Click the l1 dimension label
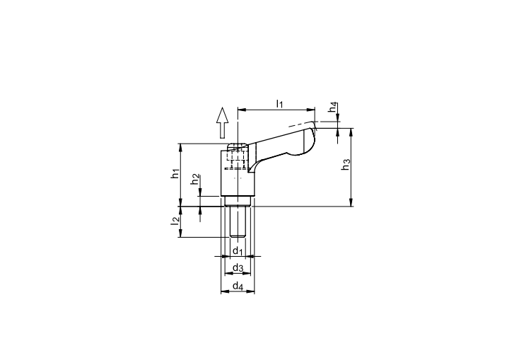tap(279, 103)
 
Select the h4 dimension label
tap(334, 108)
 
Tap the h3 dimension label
tap(346, 164)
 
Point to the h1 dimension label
tap(175, 173)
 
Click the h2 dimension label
tap(194, 180)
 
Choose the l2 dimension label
tap(175, 221)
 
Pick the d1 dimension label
tap(238, 251)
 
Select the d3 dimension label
tap(238, 268)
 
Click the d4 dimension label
tap(238, 286)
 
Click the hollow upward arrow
tap(222, 122)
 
